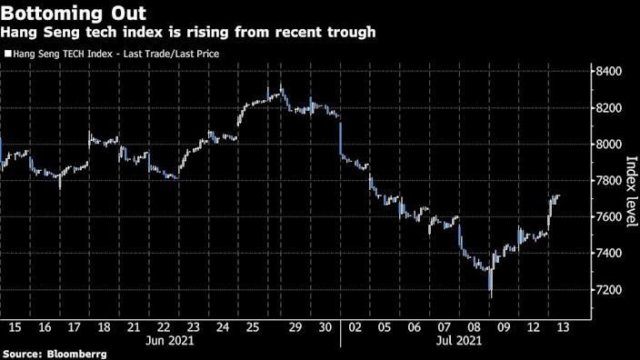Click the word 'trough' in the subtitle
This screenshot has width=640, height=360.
click(x=347, y=33)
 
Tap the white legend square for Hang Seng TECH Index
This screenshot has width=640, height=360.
click(x=7, y=54)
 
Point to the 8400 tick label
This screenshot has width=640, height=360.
click(x=606, y=72)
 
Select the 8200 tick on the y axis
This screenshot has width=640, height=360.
click(x=606, y=108)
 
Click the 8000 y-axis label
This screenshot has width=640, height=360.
click(x=606, y=145)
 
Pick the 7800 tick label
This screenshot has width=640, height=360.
click(x=606, y=181)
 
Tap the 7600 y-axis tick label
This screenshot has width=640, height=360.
click(x=606, y=217)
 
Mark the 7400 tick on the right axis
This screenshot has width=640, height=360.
click(x=606, y=254)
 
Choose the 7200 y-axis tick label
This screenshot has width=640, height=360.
click(x=606, y=290)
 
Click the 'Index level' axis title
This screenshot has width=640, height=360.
click(x=630, y=186)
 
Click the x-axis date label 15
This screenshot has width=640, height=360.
click(x=15, y=326)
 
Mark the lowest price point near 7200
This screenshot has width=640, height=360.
click(x=491, y=295)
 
